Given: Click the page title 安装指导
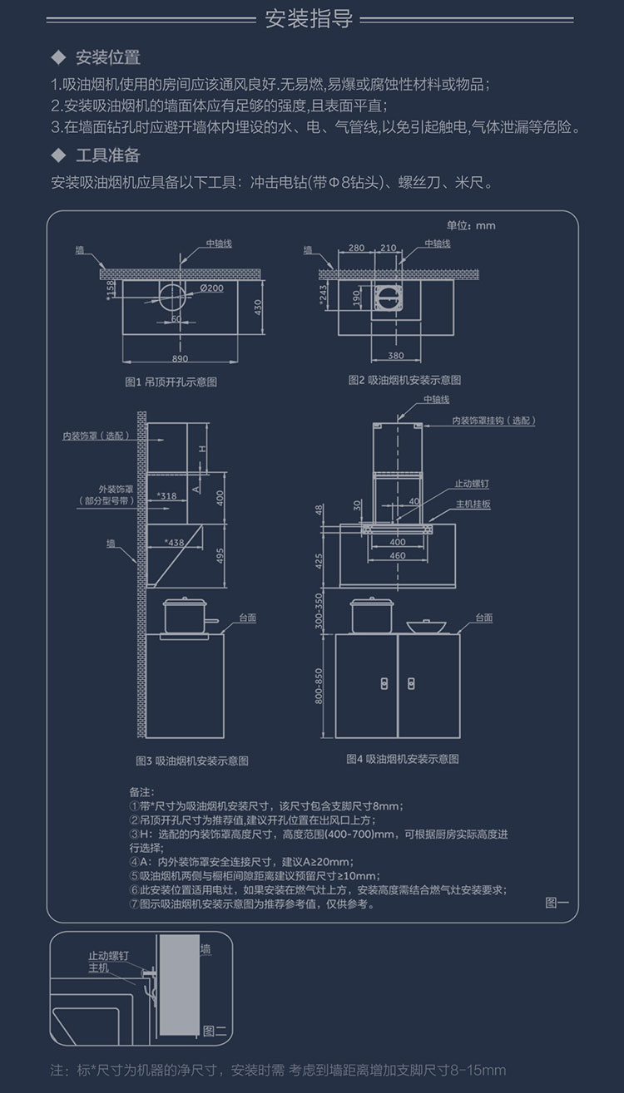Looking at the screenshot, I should [309, 18].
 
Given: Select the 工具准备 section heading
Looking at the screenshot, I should [107, 155].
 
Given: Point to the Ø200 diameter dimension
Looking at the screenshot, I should [211, 288].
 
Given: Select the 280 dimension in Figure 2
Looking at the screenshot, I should [356, 248].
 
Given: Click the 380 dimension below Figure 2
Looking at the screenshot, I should [397, 357].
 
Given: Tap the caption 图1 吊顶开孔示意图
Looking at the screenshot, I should [171, 382].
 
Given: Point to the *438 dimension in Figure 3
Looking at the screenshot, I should [174, 543].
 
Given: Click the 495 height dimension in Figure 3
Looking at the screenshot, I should [220, 556].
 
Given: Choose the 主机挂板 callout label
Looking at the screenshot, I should [473, 505].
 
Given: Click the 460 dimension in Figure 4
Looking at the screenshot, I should [397, 555].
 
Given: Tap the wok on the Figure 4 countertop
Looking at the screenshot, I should [424, 625].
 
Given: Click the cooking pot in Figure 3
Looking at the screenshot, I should [185, 616].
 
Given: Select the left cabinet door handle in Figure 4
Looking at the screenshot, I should [384, 682].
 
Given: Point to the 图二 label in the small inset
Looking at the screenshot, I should [214, 1031].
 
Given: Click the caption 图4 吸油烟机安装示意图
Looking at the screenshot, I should [403, 759].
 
